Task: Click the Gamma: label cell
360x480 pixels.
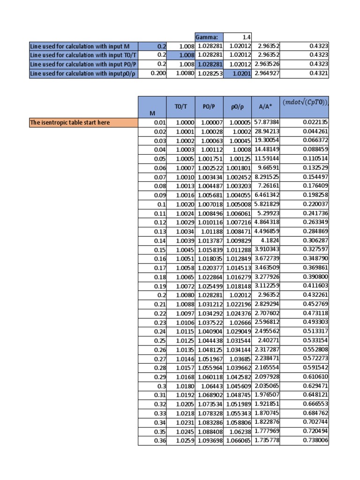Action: (x=209, y=37)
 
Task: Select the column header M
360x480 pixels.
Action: (x=152, y=112)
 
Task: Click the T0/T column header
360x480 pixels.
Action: (x=180, y=106)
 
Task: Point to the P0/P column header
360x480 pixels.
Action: (x=209, y=106)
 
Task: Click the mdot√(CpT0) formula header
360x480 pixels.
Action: (x=305, y=102)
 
